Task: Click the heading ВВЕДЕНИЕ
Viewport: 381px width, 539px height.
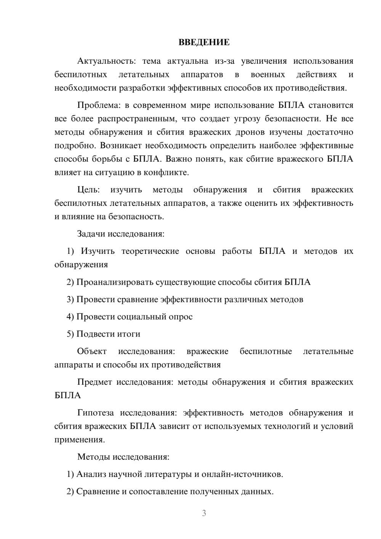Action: [x=204, y=42]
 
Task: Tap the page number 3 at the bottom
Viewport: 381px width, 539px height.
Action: [x=204, y=513]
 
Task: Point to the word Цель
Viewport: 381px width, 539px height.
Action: [x=88, y=190]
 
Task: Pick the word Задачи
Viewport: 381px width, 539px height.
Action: [x=91, y=234]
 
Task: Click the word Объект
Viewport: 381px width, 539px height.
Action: [x=92, y=351]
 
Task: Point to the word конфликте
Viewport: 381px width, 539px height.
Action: [x=166, y=172]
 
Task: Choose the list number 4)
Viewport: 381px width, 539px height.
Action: [x=70, y=317]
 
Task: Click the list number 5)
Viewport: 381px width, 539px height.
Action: [x=70, y=334]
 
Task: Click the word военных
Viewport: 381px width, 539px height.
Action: [x=267, y=74]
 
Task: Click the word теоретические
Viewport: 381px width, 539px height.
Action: [x=150, y=251]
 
